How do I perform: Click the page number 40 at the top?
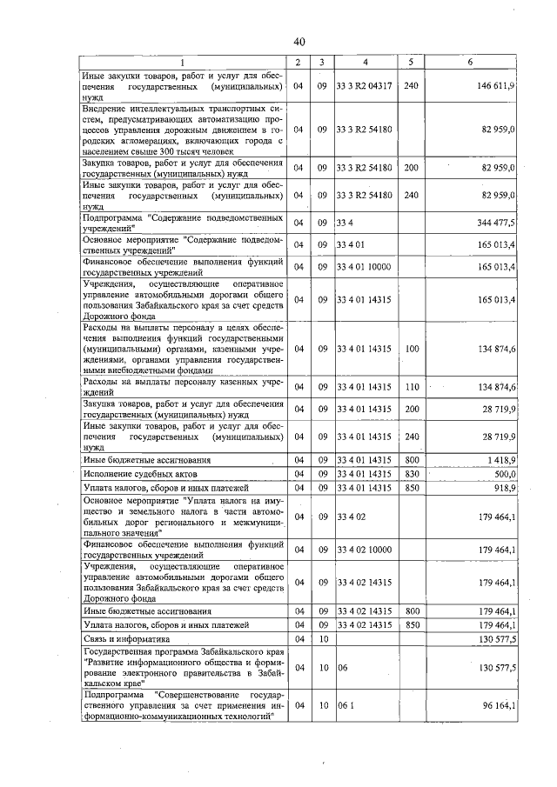(x=299, y=42)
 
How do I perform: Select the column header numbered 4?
(x=366, y=63)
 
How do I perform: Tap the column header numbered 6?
(x=471, y=63)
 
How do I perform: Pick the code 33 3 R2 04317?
(x=366, y=87)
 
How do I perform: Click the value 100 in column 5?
(x=412, y=349)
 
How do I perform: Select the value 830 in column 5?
(x=412, y=473)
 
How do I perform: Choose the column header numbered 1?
(x=182, y=63)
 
